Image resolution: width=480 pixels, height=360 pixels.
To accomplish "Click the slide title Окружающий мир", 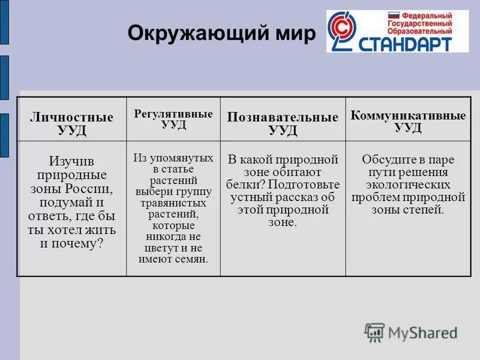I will point(220,34).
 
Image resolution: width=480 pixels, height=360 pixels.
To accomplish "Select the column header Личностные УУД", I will point(71,124).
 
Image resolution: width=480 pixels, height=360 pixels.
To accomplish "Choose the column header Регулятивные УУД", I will point(173,119).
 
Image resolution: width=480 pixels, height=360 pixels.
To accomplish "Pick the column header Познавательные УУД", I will point(283,124).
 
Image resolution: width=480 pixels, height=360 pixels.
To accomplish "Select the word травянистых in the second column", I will point(173,203).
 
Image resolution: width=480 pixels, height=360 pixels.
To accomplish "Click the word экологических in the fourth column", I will point(408,185).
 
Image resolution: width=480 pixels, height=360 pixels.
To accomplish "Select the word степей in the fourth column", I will point(424,210).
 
